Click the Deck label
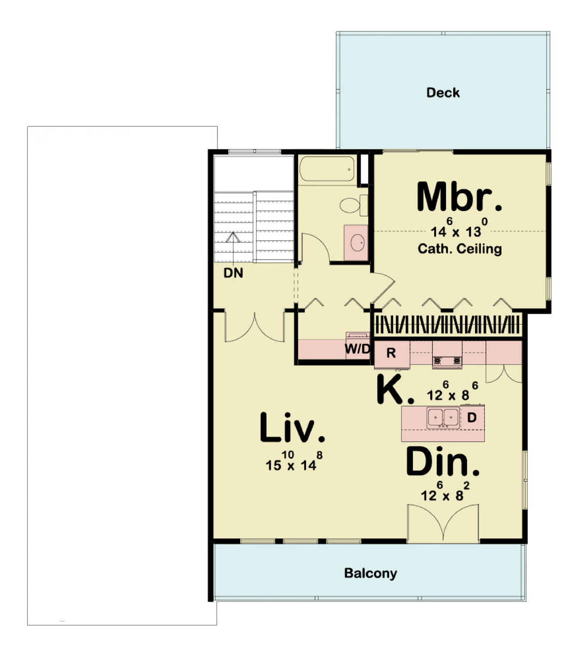[443, 93]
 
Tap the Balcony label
[370, 573]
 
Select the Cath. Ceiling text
[460, 249]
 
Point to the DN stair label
[233, 273]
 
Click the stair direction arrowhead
[233, 237]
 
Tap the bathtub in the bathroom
[327, 169]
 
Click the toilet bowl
[350, 205]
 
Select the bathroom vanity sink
[357, 243]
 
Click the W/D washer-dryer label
[357, 349]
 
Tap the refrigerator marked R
[392, 355]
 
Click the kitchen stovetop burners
[447, 361]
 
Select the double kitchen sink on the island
[443, 418]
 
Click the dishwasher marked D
[472, 417]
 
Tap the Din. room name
[443, 462]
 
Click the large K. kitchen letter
[394, 389]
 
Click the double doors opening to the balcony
[443, 523]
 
